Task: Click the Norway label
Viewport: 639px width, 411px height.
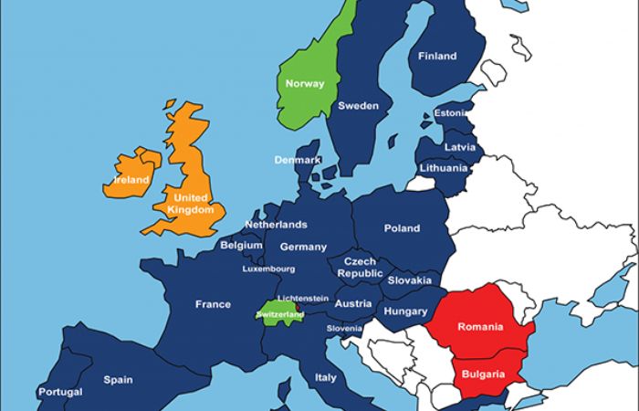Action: (305, 84)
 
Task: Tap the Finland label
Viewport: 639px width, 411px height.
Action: (437, 57)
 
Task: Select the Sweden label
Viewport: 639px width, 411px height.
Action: (358, 106)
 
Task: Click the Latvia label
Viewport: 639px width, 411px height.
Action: (459, 147)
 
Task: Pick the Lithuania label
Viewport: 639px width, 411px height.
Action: (444, 168)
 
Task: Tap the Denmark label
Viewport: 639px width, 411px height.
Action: (298, 161)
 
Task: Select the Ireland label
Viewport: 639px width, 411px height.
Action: (131, 181)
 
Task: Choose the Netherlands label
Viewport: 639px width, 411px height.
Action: (276, 225)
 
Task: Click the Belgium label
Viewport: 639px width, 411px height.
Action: (241, 246)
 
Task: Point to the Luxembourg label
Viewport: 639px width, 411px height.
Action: (268, 269)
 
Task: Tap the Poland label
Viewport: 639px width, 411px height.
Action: (402, 228)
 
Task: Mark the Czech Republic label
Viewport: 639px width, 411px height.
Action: (360, 268)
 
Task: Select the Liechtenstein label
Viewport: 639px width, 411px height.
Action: (302, 299)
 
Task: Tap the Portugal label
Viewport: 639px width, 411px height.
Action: (60, 393)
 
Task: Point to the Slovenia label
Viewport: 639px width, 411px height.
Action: (344, 329)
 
